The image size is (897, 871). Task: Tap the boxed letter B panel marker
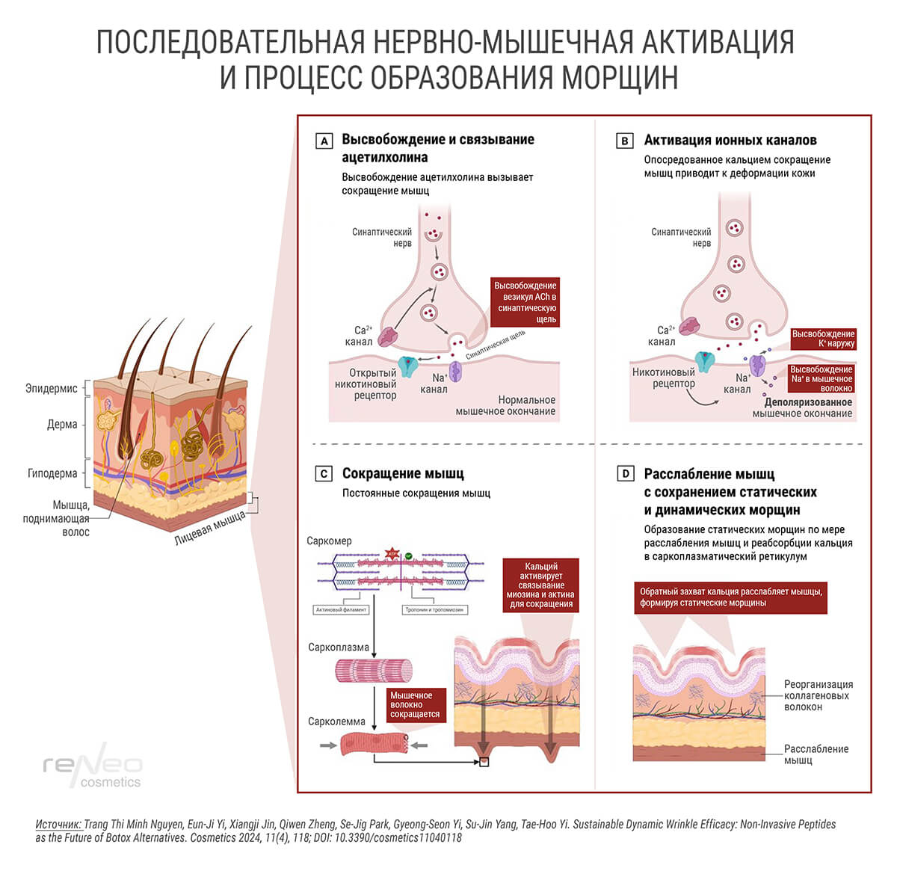click(624, 141)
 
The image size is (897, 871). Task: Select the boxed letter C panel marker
click(324, 474)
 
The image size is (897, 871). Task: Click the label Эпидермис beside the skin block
click(52, 389)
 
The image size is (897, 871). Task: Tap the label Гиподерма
click(52, 473)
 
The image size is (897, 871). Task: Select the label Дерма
click(62, 424)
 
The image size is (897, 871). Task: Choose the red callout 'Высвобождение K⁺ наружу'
click(823, 339)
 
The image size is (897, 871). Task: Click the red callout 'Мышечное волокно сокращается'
click(415, 705)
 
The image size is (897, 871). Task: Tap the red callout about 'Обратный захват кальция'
click(731, 597)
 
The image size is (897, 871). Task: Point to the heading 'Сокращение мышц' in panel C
click(403, 473)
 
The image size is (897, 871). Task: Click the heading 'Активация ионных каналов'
click(730, 140)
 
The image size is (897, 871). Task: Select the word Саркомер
click(329, 541)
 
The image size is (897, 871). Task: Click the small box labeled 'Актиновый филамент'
click(342, 609)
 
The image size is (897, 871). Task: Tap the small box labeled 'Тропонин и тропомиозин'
click(434, 609)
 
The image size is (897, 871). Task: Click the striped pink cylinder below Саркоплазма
click(373, 670)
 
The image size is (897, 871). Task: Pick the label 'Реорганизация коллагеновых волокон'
click(818, 695)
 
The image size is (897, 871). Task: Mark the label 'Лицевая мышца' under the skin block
click(209, 528)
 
